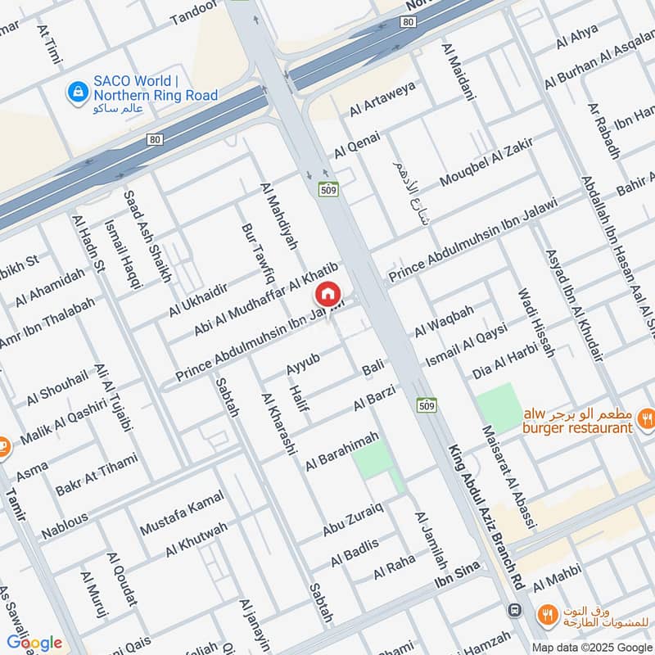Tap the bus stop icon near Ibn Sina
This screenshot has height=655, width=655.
[514, 610]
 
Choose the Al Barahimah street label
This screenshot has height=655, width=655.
[342, 452]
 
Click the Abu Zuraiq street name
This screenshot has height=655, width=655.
[352, 518]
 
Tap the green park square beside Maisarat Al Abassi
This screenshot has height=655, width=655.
[499, 406]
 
